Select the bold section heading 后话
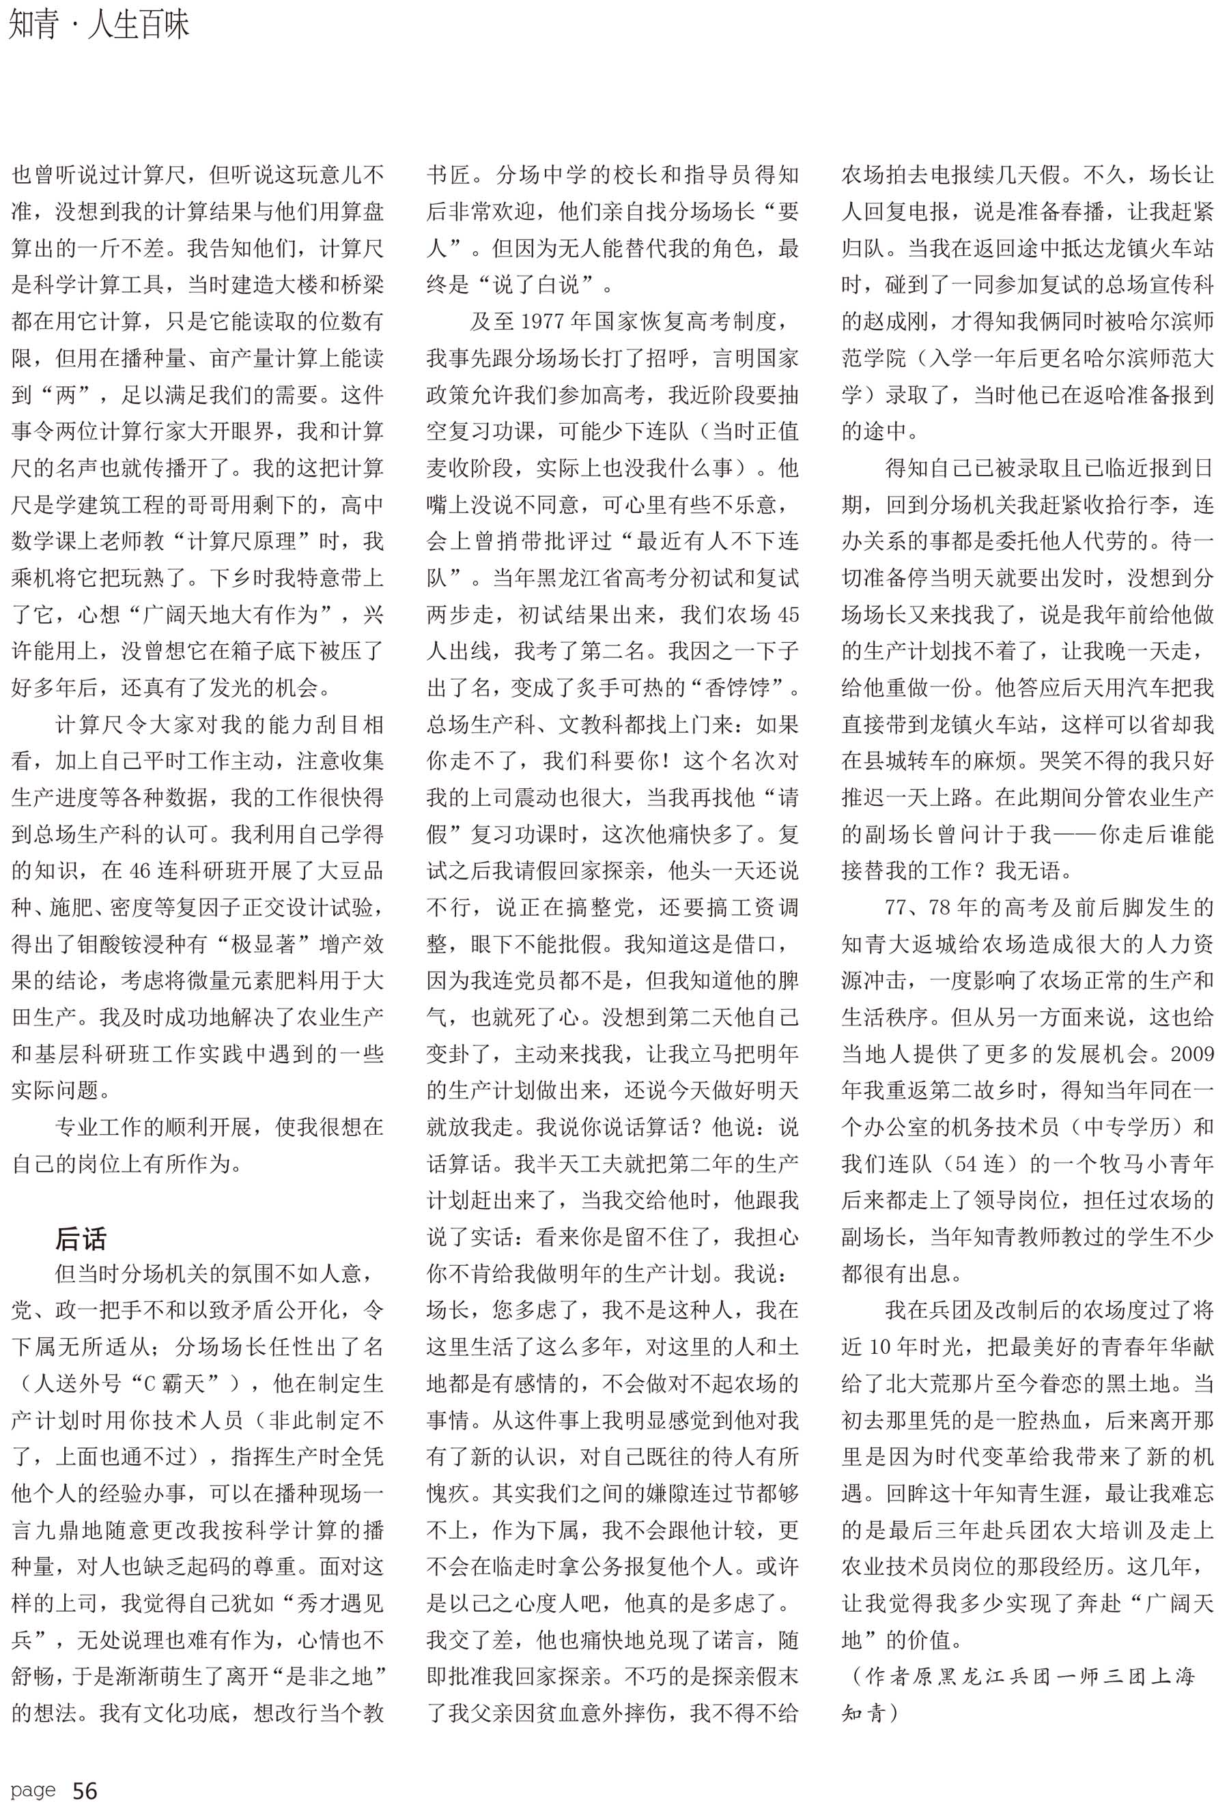pos(81,1237)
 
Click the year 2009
pos(1192,1053)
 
